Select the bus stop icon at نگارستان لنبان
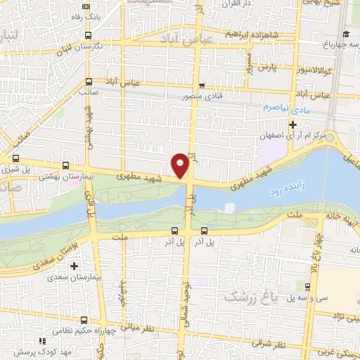coord(87,34)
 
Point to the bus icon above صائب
coord(89,82)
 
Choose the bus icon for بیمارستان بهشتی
coord(65,166)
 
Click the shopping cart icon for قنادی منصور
coord(202,86)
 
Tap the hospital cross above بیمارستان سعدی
coord(74,266)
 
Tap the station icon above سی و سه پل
coord(307,285)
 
